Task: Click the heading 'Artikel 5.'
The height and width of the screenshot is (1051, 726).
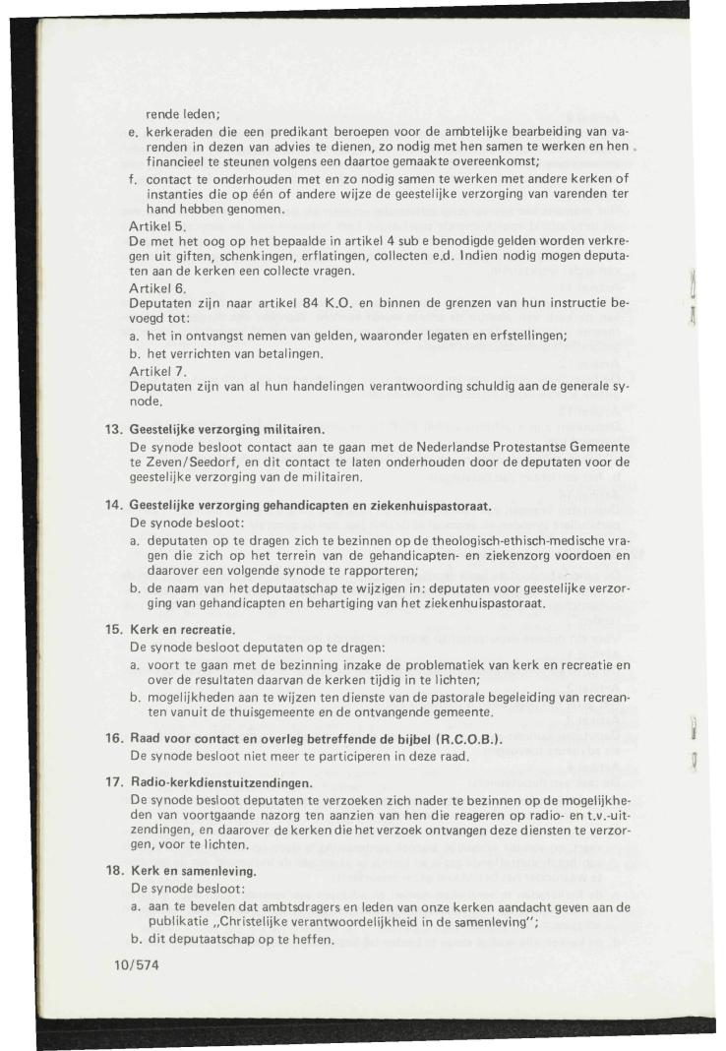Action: click(155, 225)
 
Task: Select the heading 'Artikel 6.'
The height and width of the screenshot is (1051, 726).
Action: click(155, 286)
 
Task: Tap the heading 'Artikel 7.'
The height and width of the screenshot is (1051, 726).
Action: click(155, 371)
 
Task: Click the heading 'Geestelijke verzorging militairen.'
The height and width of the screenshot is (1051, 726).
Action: click(227, 429)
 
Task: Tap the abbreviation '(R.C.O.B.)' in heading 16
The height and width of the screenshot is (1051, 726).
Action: click(462, 739)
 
